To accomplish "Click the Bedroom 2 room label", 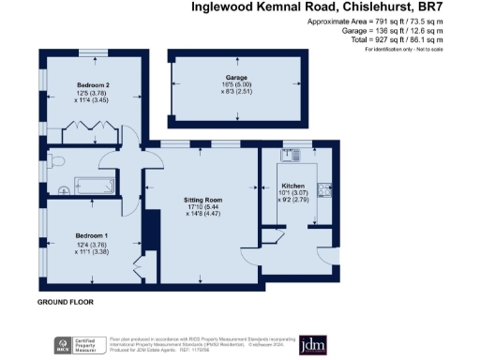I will (x=92, y=83).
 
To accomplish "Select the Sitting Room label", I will (x=201, y=200).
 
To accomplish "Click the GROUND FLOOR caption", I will (x=65, y=303).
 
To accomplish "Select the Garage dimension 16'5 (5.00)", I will (x=235, y=85).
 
